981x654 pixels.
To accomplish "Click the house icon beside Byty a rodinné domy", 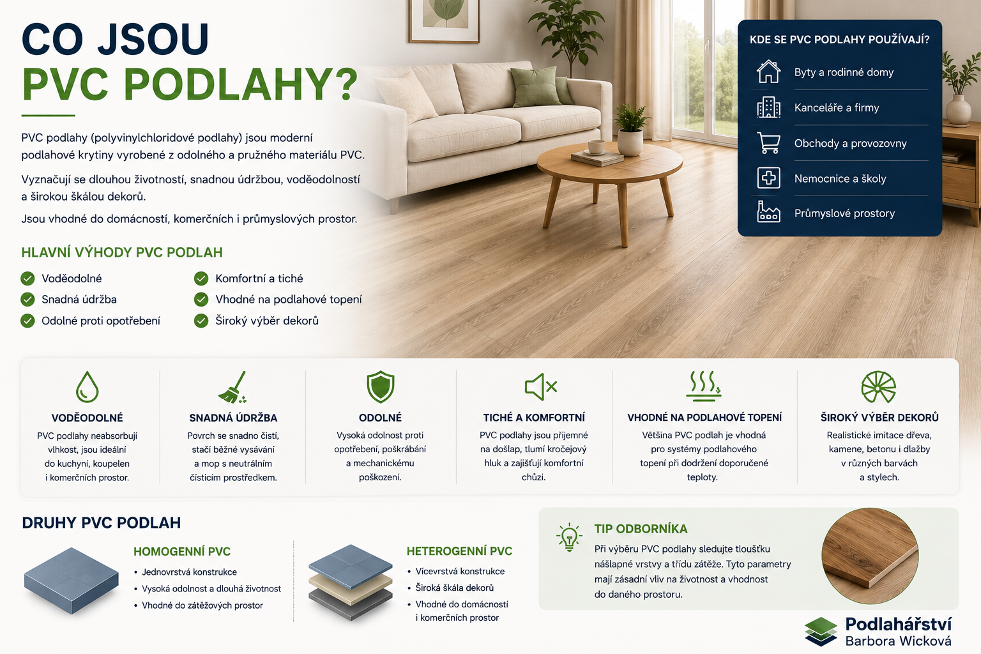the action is pyautogui.click(x=768, y=72).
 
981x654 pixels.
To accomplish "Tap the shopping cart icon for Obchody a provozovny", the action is pyautogui.click(x=768, y=143).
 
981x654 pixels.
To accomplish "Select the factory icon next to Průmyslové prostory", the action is pyautogui.click(x=768, y=212).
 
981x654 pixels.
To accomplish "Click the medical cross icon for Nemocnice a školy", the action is pyautogui.click(x=768, y=178).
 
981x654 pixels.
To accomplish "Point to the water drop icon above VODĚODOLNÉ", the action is pyautogui.click(x=87, y=387).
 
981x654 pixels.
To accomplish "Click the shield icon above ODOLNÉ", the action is pyautogui.click(x=380, y=387).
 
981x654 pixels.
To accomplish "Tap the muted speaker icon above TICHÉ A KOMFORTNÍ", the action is pyautogui.click(x=541, y=387).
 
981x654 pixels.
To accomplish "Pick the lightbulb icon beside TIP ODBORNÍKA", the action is pyautogui.click(x=569, y=537).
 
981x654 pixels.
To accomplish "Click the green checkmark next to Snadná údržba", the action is pyautogui.click(x=27, y=300).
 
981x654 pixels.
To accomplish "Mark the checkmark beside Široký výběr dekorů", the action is pyautogui.click(x=201, y=321).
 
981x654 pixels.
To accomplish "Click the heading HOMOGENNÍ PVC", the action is pyautogui.click(x=182, y=552).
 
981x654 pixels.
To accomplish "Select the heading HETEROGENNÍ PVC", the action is pyautogui.click(x=459, y=551).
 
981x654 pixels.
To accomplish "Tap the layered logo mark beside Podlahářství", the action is pyautogui.click(x=821, y=631).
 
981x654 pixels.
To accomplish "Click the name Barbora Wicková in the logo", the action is pyautogui.click(x=898, y=641).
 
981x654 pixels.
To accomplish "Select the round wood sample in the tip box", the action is pyautogui.click(x=870, y=556).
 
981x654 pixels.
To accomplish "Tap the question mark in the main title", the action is pyautogui.click(x=347, y=84).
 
